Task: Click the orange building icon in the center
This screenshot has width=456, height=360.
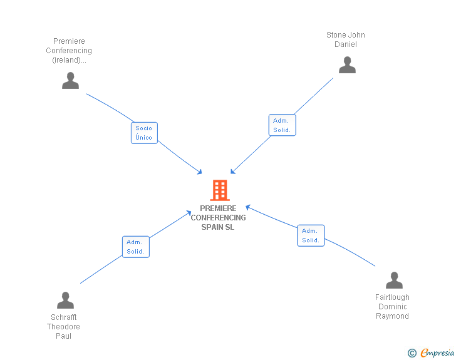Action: point(219,190)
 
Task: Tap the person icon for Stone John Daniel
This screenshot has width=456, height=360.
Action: point(347,65)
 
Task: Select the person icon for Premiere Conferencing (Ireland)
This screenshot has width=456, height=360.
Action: point(71,81)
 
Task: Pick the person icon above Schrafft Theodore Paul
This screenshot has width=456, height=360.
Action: point(65,301)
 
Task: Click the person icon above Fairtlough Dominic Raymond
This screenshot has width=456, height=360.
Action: point(394,280)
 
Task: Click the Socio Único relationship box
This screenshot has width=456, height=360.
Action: point(144,133)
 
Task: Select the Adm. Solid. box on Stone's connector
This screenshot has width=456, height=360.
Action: point(282,125)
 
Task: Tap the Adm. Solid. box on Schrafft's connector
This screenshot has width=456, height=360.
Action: point(135,247)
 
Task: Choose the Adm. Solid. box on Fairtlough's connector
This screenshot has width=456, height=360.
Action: point(311,235)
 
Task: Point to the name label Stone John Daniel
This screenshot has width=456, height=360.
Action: point(346,39)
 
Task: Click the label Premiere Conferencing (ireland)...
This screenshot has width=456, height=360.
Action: point(69,51)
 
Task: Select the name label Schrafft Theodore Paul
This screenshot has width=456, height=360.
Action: point(63,326)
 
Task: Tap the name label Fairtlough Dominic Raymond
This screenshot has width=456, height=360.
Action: point(392,307)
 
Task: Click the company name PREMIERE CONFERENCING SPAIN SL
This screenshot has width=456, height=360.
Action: point(219,217)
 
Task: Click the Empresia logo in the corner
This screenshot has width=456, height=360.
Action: point(437,353)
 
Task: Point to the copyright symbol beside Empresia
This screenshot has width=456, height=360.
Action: point(412,353)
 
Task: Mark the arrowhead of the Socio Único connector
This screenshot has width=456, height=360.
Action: point(200,172)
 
